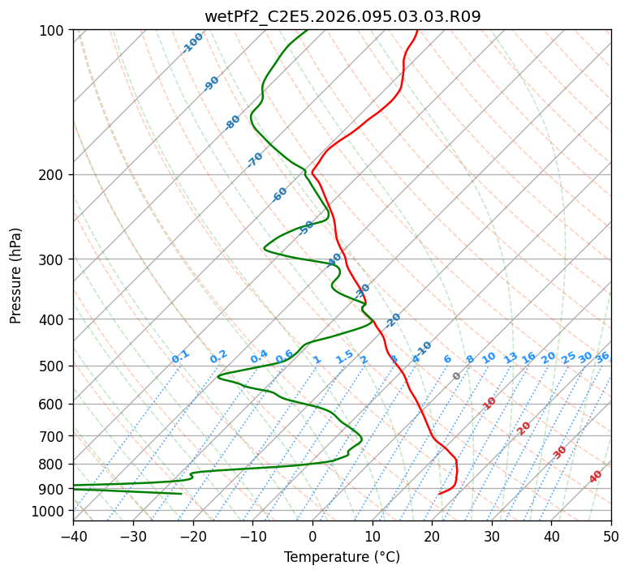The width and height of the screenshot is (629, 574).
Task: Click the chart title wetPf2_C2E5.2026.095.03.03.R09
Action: pyautogui.click(x=342, y=16)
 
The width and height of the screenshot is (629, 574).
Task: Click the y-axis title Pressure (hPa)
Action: pyautogui.click(x=16, y=276)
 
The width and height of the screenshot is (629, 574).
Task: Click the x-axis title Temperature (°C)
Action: pyautogui.click(x=342, y=558)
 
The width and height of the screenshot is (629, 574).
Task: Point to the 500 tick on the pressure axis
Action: pyautogui.click(x=54, y=366)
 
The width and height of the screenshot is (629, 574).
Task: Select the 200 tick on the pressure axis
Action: pyautogui.click(x=54, y=175)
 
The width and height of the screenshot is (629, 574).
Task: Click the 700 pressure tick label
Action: pyautogui.click(x=54, y=436)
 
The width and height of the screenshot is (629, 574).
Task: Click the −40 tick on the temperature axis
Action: pyautogui.click(x=73, y=536)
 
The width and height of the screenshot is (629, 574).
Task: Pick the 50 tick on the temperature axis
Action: pyautogui.click(x=611, y=536)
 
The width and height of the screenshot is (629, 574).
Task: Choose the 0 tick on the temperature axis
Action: pyautogui.click(x=312, y=536)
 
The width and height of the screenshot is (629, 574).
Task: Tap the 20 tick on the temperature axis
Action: pyautogui.click(x=432, y=536)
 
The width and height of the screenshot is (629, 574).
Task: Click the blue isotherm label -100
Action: pyautogui.click(x=193, y=43)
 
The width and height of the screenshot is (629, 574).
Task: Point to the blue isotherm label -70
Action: pyautogui.click(x=255, y=160)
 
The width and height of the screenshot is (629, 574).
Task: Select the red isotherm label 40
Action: pyautogui.click(x=596, y=477)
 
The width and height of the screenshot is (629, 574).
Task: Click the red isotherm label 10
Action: pyautogui.click(x=489, y=403)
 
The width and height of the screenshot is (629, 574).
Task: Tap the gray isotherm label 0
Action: pyautogui.click(x=457, y=376)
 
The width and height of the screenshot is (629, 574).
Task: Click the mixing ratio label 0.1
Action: pyautogui.click(x=180, y=356)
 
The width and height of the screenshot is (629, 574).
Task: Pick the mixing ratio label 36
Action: pyautogui.click(x=602, y=357)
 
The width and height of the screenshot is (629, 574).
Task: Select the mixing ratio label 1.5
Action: pyautogui.click(x=344, y=357)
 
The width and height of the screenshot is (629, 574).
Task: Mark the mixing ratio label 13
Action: pyautogui.click(x=511, y=358)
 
